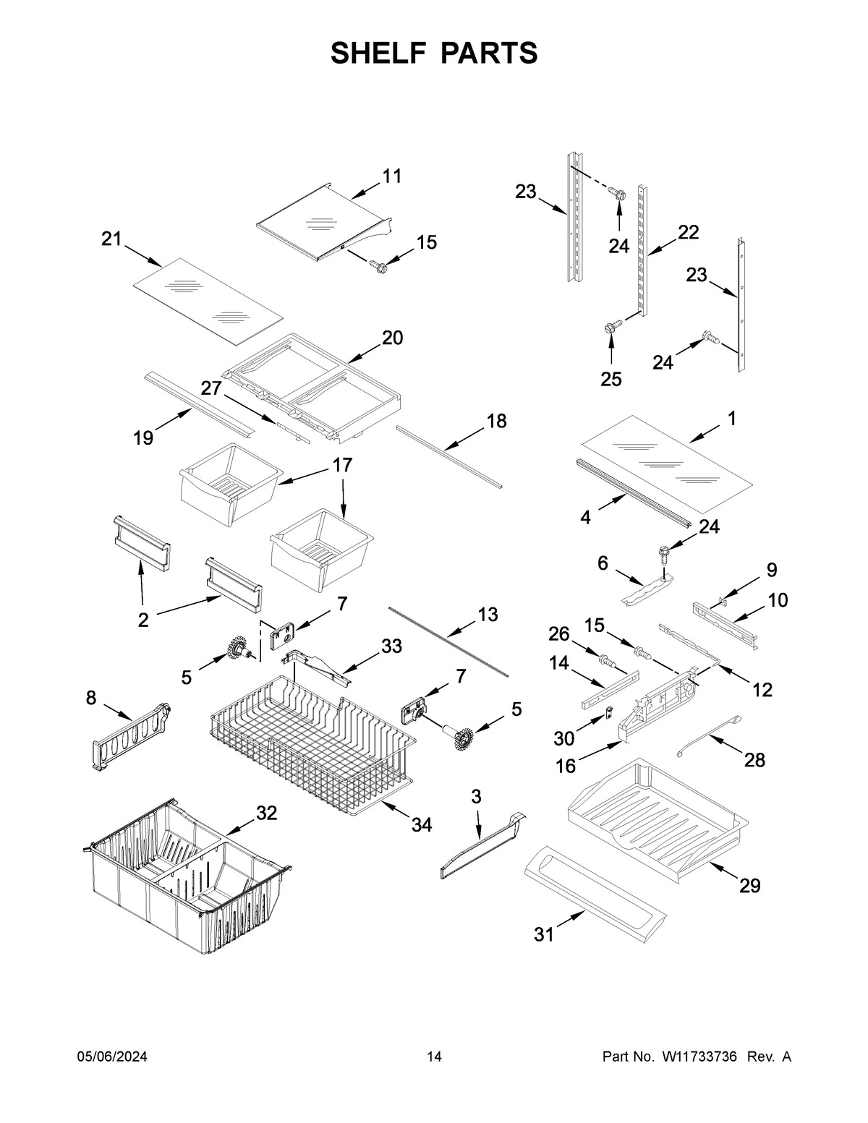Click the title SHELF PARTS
tap(434, 53)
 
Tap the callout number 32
tap(266, 813)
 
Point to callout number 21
tap(111, 239)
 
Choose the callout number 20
tap(392, 337)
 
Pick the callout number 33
tap(391, 646)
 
